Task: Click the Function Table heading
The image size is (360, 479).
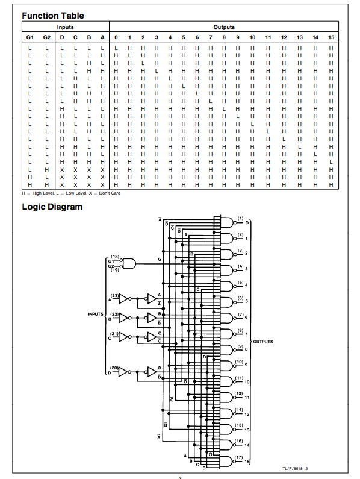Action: (x=53, y=16)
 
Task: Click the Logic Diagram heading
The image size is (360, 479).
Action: (x=52, y=207)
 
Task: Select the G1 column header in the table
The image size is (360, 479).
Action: (x=31, y=37)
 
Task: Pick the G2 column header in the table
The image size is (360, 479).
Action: (x=47, y=37)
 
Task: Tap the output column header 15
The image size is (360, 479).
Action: (x=331, y=37)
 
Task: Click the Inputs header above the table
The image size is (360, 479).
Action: (x=66, y=27)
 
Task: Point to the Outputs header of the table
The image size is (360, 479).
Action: (x=224, y=27)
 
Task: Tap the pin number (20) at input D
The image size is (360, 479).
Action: (x=114, y=368)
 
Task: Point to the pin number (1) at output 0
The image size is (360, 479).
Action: (x=240, y=218)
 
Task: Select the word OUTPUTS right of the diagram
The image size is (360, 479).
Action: (x=262, y=342)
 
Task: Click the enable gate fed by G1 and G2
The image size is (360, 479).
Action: (x=129, y=263)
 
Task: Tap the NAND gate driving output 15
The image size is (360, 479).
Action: (x=226, y=461)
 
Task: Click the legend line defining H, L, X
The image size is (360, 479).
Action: (x=71, y=193)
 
